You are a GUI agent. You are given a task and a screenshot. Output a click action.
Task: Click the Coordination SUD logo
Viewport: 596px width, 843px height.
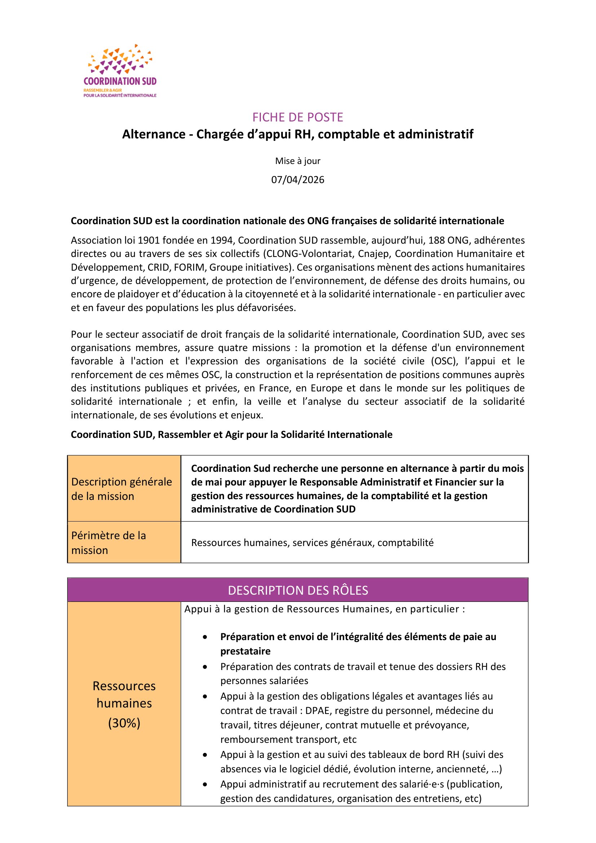coord(120,71)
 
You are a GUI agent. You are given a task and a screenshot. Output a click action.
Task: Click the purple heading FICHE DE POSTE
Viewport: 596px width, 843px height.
coord(298,117)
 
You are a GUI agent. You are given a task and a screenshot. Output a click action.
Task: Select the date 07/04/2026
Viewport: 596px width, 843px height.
coord(298,179)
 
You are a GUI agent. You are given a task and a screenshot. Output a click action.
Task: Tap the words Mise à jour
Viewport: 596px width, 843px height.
coord(298,161)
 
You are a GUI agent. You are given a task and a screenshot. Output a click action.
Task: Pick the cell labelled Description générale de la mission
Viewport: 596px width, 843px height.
coord(121,489)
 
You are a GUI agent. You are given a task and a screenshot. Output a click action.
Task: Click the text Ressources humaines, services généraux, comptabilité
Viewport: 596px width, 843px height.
coord(312,543)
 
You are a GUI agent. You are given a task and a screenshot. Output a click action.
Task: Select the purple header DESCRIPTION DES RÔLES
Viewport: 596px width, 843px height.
coord(298,590)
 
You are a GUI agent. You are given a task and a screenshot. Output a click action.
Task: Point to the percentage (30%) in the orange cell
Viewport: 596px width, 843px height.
coord(124,723)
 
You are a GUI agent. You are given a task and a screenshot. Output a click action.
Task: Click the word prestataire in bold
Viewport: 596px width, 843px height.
coord(245,651)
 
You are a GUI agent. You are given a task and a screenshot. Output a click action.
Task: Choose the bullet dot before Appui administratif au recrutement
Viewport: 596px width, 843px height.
coord(205,784)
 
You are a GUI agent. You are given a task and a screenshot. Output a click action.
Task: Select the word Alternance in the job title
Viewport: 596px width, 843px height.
coord(154,134)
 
